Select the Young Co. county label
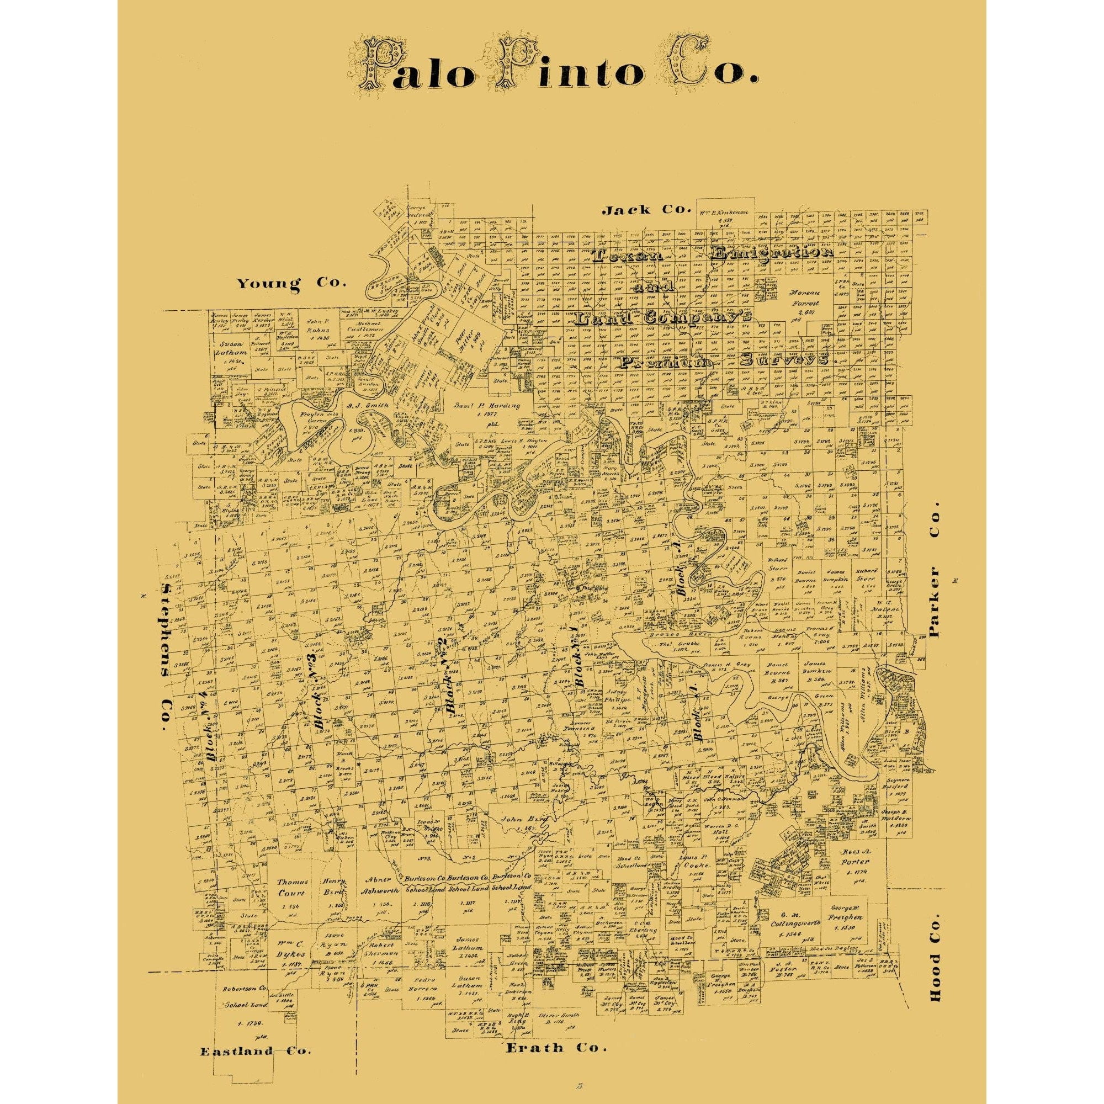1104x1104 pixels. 293,282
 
